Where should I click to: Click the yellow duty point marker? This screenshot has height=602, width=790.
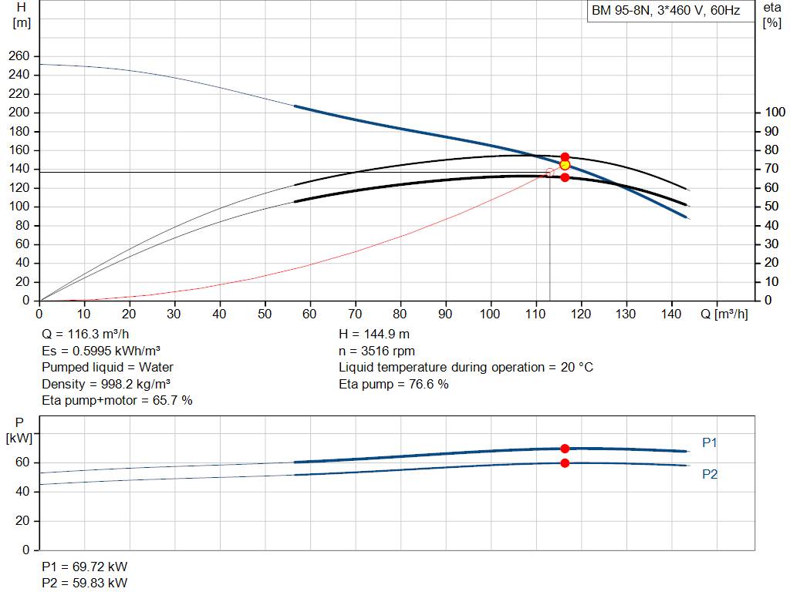coord(565,165)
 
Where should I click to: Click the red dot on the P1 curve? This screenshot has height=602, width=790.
coord(565,449)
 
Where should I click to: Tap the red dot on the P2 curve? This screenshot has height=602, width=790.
coord(565,463)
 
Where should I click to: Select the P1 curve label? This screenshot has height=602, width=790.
coord(710,442)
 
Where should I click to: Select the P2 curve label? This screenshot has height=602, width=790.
coord(710,474)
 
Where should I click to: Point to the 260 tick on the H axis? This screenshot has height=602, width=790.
coord(19,55)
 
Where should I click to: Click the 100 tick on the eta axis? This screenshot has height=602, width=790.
coord(775,113)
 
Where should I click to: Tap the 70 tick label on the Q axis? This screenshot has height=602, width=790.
coord(355,314)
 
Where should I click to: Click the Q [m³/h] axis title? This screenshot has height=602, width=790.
coord(724,314)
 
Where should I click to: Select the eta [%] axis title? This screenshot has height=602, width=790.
coord(771,15)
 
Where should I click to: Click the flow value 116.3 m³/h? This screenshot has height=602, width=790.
coord(98,335)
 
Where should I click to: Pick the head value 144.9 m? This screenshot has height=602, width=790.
coord(385,335)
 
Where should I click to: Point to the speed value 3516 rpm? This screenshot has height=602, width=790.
coord(388,351)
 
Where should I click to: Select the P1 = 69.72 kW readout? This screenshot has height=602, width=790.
coord(85,567)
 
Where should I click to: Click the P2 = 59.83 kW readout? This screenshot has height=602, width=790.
coord(85,583)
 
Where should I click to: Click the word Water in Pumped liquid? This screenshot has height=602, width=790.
coord(156,368)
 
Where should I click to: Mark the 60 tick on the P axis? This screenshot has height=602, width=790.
coord(22,462)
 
